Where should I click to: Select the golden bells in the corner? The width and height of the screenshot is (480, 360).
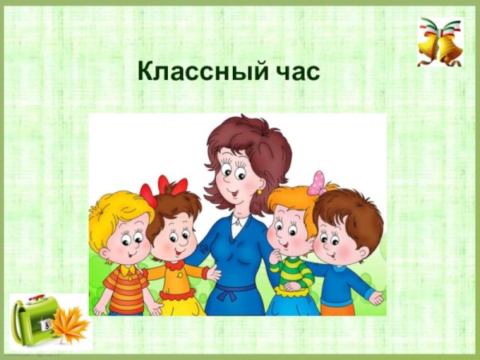coord(439,44)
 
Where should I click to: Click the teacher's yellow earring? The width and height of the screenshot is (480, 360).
coord(259,193)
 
